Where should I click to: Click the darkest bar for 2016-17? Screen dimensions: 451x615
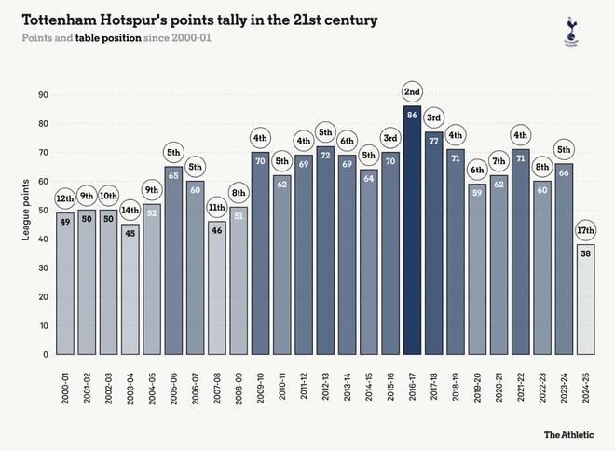413,233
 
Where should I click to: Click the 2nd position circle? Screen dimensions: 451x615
413,91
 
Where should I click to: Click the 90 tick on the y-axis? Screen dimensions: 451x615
43,94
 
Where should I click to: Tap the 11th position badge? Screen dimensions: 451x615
217,207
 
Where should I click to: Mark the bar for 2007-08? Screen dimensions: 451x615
217,289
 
